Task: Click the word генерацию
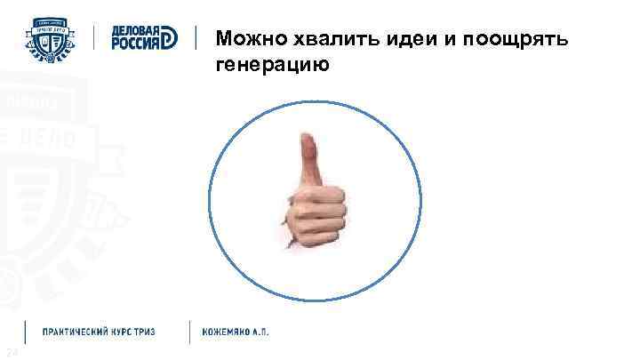[x=271, y=66]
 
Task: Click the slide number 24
[x=9, y=354]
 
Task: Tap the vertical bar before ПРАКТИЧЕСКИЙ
[x=27, y=332]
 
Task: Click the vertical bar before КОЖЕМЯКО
[x=188, y=332]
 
